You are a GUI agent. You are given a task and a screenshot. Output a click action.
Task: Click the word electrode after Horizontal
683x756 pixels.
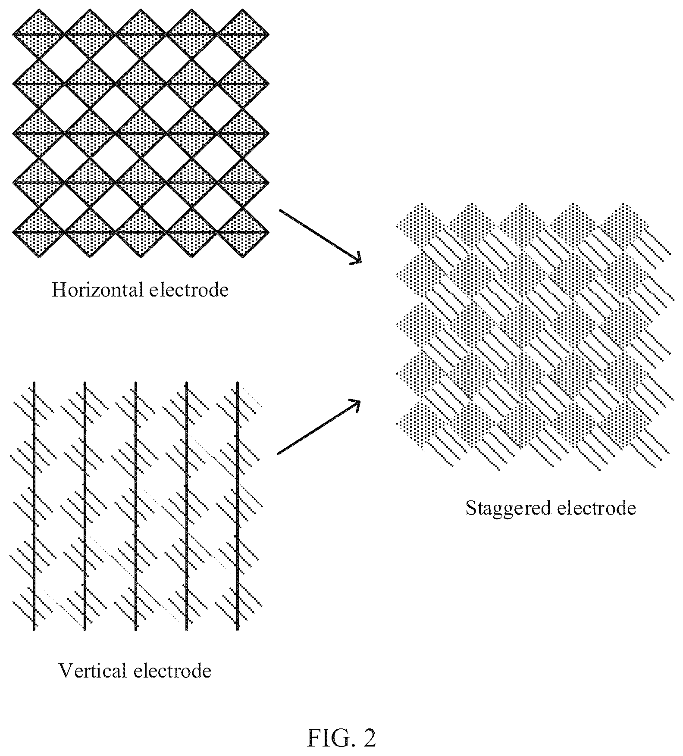coord(189,290)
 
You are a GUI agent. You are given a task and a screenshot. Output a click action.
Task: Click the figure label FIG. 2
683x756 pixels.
coord(341,738)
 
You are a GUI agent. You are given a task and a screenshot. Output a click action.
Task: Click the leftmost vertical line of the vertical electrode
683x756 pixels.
coord(34,506)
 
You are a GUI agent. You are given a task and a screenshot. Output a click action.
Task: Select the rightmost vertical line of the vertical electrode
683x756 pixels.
coord(238,506)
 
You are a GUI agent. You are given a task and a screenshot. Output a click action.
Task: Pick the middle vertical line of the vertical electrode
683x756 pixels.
coord(136,506)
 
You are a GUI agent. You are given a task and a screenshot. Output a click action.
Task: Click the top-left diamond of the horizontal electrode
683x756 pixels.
coord(39,34)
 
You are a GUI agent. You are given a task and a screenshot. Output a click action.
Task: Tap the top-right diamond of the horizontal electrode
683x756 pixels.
coord(243,34)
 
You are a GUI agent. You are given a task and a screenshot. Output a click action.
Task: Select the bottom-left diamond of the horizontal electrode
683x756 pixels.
coord(39,232)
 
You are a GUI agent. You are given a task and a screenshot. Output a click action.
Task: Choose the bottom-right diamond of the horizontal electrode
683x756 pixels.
coord(243,232)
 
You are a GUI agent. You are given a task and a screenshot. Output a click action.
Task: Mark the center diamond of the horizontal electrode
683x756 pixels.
coord(141,133)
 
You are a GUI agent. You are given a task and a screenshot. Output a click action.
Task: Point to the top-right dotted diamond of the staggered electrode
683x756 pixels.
coord(625,226)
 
